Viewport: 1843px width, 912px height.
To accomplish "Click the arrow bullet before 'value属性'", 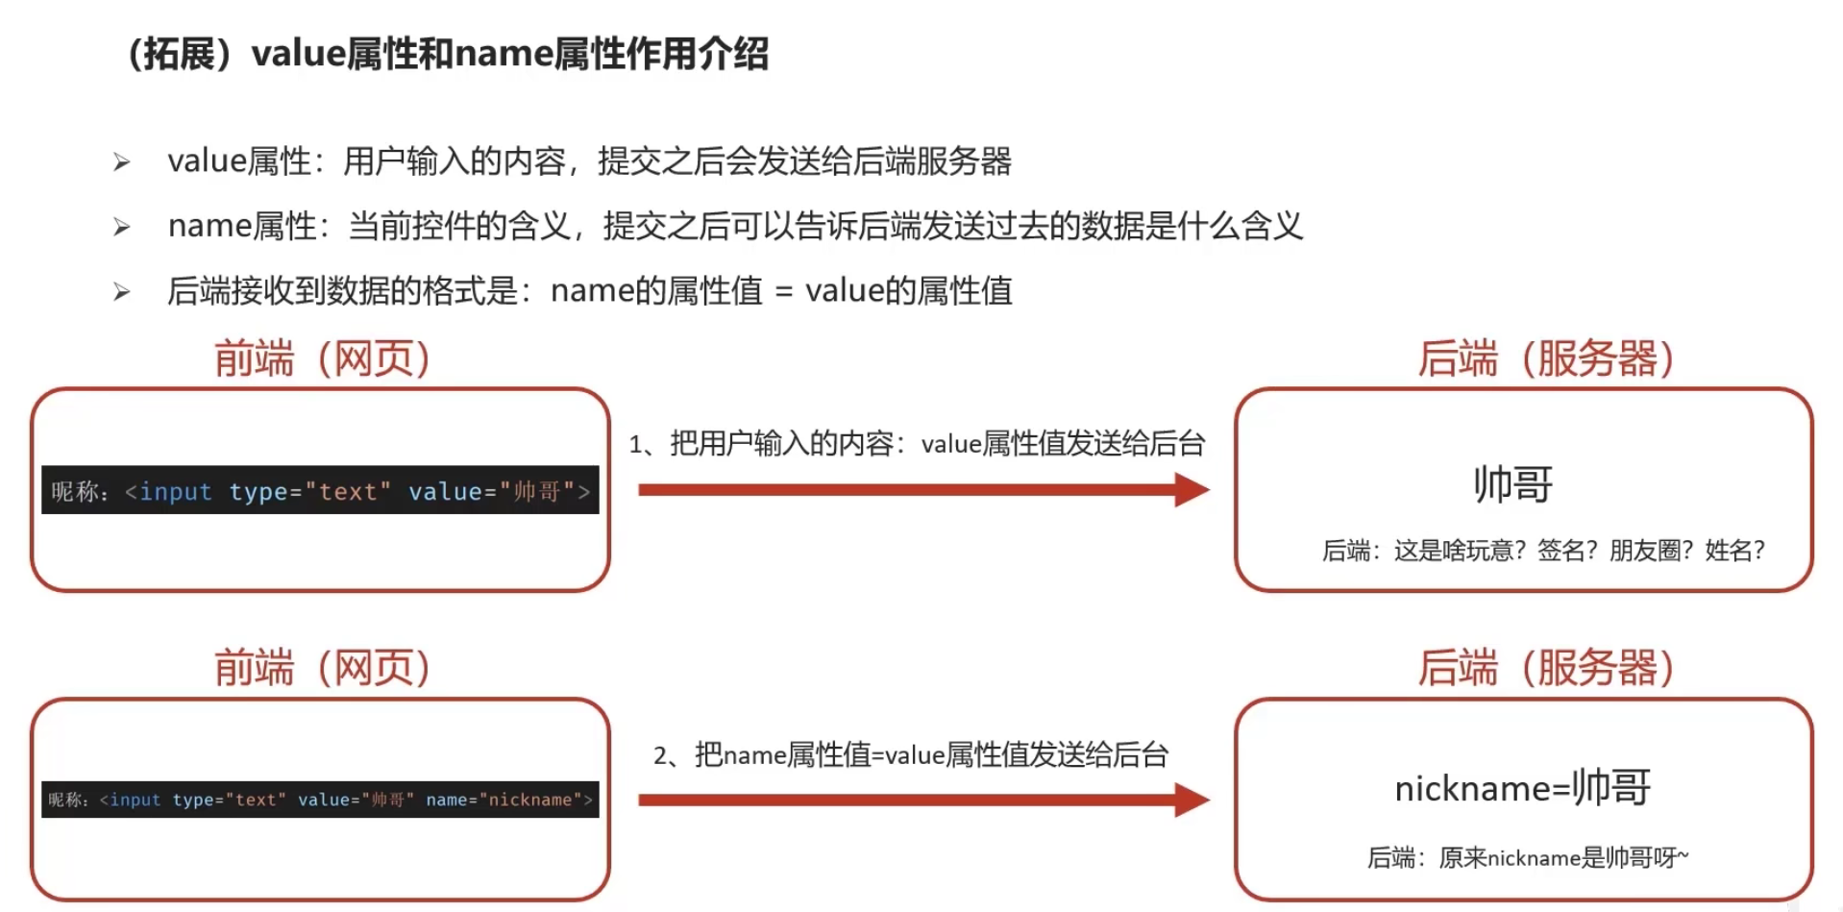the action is pyautogui.click(x=121, y=161).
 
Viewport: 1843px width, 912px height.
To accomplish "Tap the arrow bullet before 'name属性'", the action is pyautogui.click(x=121, y=227).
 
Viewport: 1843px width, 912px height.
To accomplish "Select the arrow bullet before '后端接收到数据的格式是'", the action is pyautogui.click(x=121, y=291).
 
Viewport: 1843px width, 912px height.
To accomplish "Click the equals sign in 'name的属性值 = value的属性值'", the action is pyautogui.click(x=783, y=291).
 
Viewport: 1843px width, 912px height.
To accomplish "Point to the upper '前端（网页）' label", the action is pyautogui.click(x=321, y=359).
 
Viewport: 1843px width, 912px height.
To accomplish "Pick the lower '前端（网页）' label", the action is pyautogui.click(x=321, y=668).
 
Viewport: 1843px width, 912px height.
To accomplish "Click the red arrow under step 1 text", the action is pyautogui.click(x=922, y=490).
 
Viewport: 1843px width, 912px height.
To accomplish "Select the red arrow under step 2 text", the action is pyautogui.click(x=922, y=800).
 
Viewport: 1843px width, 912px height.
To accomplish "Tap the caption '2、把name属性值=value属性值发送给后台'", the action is pyautogui.click(x=911, y=755).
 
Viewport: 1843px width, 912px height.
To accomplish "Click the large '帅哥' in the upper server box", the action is pyautogui.click(x=1512, y=484).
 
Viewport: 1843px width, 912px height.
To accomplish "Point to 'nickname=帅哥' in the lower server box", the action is pyautogui.click(x=1522, y=788).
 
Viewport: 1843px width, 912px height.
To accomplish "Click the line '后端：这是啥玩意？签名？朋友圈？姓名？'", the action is pyautogui.click(x=1543, y=551).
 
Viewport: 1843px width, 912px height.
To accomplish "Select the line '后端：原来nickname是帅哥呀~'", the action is pyautogui.click(x=1528, y=857).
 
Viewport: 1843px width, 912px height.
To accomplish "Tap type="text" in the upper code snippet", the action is pyautogui.click(x=309, y=492).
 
